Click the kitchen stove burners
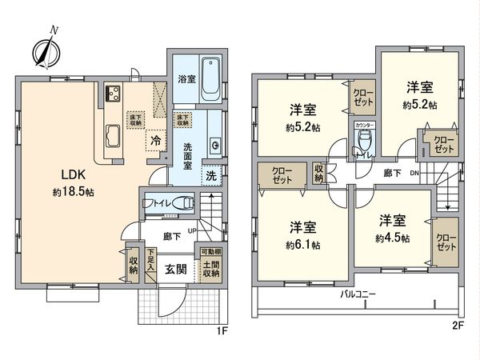point(110,92)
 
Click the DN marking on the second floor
point(413,173)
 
